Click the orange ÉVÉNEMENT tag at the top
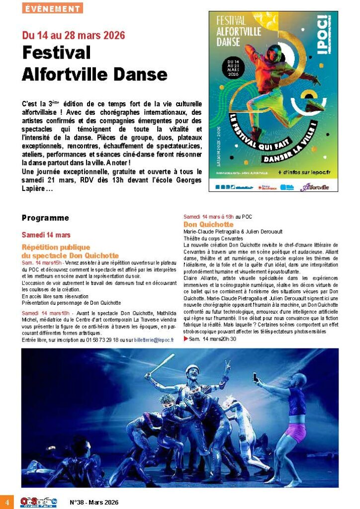(x=52, y=8)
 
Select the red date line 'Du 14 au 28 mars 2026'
(x=73, y=36)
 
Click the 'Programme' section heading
(x=45, y=218)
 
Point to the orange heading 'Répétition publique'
(x=56, y=247)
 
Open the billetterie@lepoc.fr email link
(x=154, y=339)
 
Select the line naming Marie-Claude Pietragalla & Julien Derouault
(x=233, y=232)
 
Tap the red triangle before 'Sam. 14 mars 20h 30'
(x=186, y=339)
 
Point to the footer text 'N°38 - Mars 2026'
(x=94, y=502)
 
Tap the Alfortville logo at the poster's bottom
(x=315, y=187)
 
